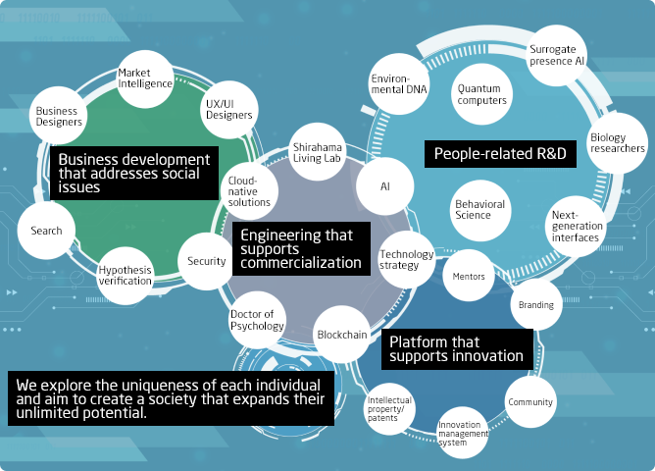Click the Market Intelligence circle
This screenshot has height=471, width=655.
pyautogui.click(x=145, y=78)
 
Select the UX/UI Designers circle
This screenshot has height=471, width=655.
pyautogui.click(x=228, y=109)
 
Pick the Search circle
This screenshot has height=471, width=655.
pyautogui.click(x=46, y=231)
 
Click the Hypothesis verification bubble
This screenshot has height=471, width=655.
pyautogui.click(x=126, y=275)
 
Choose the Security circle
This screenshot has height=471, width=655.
pyautogui.click(x=207, y=261)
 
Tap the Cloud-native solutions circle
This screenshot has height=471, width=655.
pyautogui.click(x=248, y=190)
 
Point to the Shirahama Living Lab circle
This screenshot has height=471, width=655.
pyautogui.click(x=316, y=158)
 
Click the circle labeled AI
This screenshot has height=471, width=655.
pyautogui.click(x=384, y=184)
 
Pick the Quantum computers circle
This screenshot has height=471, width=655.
pyautogui.click(x=481, y=94)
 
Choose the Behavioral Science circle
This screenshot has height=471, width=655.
pyautogui.click(x=479, y=209)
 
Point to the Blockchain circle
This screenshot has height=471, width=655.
pyautogui.click(x=342, y=335)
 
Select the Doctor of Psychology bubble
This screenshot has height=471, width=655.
pyautogui.click(x=257, y=320)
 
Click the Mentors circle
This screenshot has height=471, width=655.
pyautogui.click(x=469, y=277)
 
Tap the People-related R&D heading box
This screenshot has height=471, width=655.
pyautogui.click(x=500, y=154)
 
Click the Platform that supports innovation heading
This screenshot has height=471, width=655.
pyautogui.click(x=457, y=348)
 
